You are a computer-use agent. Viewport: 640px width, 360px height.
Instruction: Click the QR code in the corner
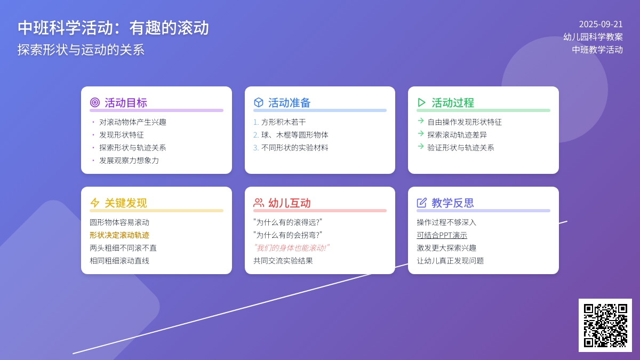tap(605, 325)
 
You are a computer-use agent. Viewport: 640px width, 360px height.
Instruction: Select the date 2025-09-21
tap(601, 25)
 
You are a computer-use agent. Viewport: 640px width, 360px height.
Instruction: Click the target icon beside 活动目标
tap(95, 102)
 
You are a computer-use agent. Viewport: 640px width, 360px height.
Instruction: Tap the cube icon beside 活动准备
tap(258, 102)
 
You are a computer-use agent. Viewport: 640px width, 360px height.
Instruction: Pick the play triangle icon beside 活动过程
tap(421, 102)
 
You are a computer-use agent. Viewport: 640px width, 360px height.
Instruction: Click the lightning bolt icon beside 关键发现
tap(95, 203)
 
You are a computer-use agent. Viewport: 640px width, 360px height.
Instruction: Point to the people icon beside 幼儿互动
tap(258, 203)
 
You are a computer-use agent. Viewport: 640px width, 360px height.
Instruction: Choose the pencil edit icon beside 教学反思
tap(422, 203)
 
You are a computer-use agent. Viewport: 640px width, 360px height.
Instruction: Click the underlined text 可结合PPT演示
tap(442, 235)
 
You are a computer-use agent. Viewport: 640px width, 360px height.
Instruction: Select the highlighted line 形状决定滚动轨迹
tap(119, 235)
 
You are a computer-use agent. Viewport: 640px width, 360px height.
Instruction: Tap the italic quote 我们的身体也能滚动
tap(291, 247)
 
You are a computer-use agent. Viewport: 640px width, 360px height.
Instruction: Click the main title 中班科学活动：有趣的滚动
tap(113, 28)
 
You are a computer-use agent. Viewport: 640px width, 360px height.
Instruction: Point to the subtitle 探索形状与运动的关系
tap(81, 50)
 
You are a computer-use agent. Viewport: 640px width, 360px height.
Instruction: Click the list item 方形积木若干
tap(283, 122)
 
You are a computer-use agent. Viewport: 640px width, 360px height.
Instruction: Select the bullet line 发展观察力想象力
tap(129, 161)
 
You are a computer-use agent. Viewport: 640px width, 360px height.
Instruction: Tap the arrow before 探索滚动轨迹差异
tap(421, 133)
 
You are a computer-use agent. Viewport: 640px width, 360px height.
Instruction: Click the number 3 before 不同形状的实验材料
tap(255, 148)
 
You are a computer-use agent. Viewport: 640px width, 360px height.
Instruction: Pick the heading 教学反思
tap(453, 203)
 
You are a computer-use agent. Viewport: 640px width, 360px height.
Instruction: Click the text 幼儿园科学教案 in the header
tap(593, 37)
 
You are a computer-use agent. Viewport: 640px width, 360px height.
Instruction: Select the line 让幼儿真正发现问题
tap(450, 261)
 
